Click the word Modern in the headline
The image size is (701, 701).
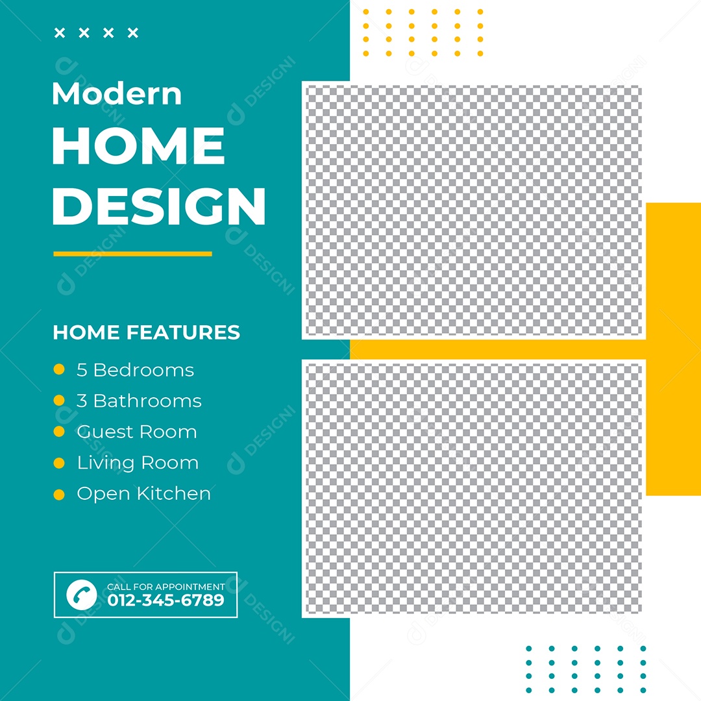(x=117, y=94)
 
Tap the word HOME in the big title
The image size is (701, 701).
(x=138, y=147)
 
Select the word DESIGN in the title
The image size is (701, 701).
(x=159, y=206)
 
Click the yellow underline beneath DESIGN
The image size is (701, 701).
(x=132, y=254)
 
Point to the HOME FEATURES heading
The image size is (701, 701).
(x=146, y=332)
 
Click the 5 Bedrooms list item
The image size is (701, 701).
(x=135, y=370)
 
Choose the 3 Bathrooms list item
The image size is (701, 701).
(x=139, y=401)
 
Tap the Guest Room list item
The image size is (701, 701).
(x=136, y=432)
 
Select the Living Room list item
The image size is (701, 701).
(x=138, y=463)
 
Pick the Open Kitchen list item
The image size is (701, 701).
(x=143, y=494)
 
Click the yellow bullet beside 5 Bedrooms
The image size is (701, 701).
(x=59, y=370)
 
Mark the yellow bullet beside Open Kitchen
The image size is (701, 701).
(x=59, y=495)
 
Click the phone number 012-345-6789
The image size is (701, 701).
(x=166, y=600)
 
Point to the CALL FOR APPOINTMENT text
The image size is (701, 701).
(x=166, y=587)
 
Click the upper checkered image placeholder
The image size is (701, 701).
(x=473, y=211)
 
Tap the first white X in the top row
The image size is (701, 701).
(x=60, y=33)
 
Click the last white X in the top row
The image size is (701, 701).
(x=132, y=33)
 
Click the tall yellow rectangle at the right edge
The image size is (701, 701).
(x=673, y=349)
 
